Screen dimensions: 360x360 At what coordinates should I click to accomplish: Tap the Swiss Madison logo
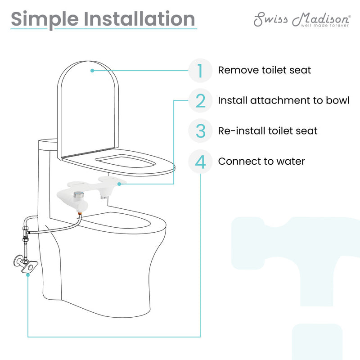301,18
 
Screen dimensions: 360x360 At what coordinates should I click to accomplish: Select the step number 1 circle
200,71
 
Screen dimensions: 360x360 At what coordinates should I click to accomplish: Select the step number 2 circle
200,101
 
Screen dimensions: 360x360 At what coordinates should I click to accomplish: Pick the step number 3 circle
200,131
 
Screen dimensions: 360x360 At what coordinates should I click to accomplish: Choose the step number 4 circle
200,161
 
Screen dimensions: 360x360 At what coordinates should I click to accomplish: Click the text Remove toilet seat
264,71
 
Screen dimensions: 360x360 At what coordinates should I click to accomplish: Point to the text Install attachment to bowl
283,101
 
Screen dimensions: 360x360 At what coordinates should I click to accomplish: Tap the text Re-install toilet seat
268,131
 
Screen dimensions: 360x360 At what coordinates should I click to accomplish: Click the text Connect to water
261,161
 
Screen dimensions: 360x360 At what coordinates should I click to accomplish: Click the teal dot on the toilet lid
92,71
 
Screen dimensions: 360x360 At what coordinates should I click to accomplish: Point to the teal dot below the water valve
28,274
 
